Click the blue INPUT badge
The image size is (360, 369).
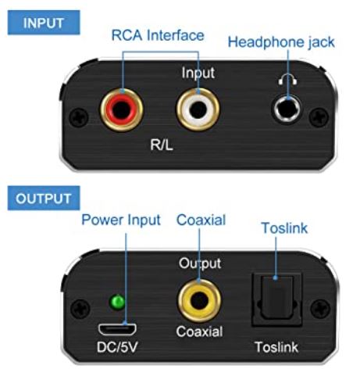(x=44, y=23)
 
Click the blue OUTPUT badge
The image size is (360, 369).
(x=44, y=198)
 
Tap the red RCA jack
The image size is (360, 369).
(x=122, y=109)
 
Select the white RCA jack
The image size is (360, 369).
(x=198, y=109)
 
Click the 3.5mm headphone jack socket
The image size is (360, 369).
(x=287, y=109)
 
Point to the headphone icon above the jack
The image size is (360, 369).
(x=287, y=79)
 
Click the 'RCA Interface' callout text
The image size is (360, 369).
(x=158, y=35)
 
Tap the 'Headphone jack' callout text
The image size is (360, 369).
(x=281, y=42)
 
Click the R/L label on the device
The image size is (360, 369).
(x=162, y=145)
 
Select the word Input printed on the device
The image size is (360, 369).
(x=198, y=73)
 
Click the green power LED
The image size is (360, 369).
(x=117, y=302)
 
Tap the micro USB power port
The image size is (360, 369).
(x=117, y=329)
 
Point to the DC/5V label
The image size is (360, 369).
(x=117, y=347)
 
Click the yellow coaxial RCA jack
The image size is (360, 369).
(x=199, y=301)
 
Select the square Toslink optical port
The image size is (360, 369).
(x=276, y=299)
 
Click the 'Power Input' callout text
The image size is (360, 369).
(x=121, y=220)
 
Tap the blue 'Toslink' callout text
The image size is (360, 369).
(x=284, y=228)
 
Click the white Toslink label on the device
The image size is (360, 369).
(x=276, y=347)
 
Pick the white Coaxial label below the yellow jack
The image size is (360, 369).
(x=199, y=331)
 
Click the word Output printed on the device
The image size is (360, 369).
(x=200, y=263)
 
